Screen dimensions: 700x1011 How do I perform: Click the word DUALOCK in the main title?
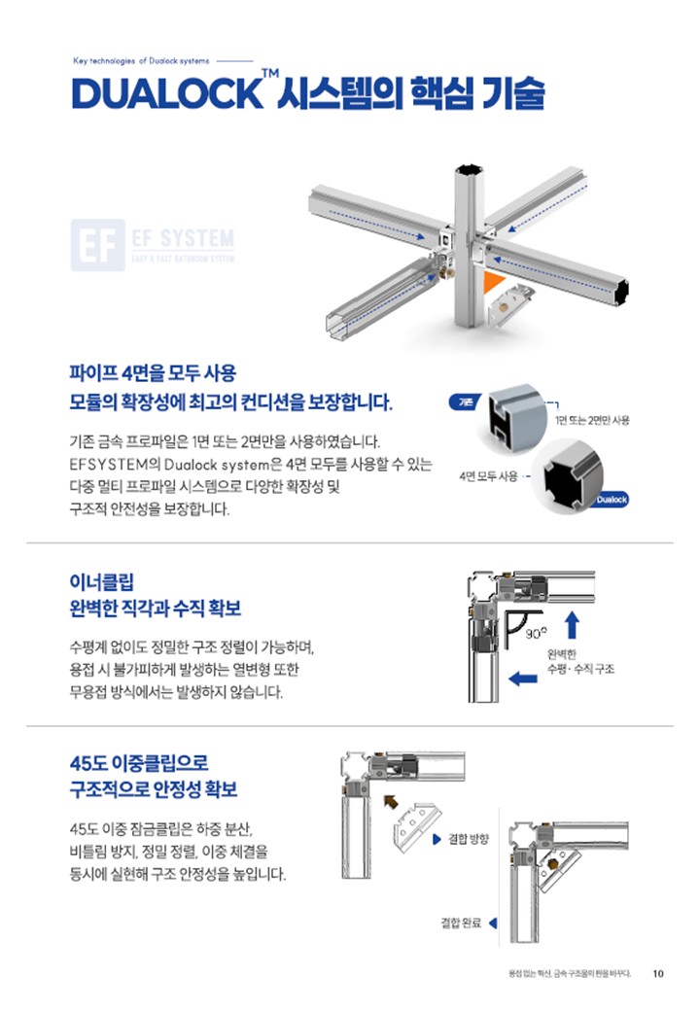[167, 94]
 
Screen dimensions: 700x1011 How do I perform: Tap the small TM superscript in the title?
[270, 73]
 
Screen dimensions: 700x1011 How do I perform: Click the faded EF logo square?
[97, 245]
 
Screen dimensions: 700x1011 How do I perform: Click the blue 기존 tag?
[466, 402]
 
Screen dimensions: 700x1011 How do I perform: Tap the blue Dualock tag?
[612, 499]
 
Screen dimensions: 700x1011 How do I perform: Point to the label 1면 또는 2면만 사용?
[592, 420]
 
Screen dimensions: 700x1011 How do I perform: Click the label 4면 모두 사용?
[488, 475]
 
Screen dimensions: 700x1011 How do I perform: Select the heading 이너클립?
[102, 582]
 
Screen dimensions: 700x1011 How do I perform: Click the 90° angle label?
[536, 633]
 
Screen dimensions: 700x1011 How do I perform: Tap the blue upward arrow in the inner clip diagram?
[572, 625]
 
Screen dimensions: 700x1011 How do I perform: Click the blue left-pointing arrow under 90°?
[523, 679]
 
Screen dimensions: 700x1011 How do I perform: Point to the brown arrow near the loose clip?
[391, 801]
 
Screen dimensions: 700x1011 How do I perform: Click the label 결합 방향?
[469, 839]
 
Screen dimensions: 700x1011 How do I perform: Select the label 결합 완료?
[461, 923]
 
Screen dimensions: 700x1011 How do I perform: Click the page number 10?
[658, 974]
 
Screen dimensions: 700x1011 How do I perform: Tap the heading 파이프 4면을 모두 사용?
[153, 372]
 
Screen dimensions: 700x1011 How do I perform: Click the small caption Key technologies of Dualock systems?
[141, 61]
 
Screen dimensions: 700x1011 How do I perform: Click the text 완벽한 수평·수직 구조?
[580, 662]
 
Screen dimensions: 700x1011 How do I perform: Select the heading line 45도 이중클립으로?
[139, 763]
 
